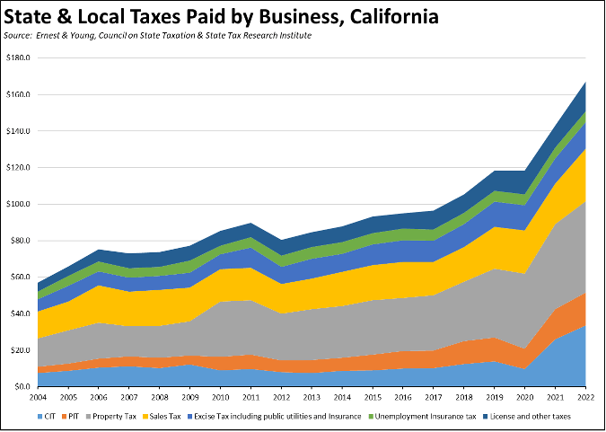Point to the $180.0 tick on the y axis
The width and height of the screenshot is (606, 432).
point(17,57)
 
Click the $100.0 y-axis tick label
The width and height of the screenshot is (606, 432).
point(17,204)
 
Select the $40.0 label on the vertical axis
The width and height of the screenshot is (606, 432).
point(19,313)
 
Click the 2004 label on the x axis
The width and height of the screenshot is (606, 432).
point(38,397)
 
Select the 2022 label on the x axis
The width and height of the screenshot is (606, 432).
point(585,397)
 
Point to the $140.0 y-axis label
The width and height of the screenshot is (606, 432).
point(17,131)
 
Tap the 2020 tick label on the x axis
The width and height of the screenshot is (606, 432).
point(524,397)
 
